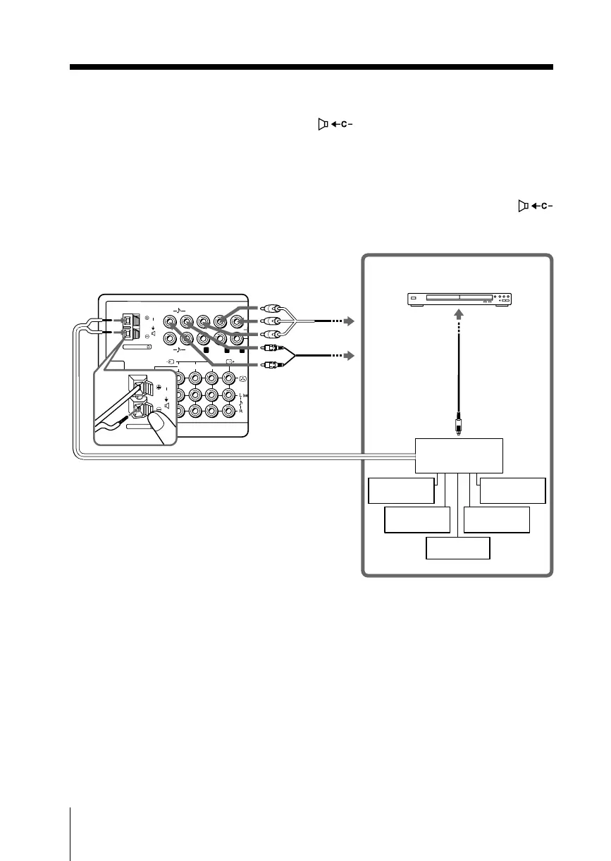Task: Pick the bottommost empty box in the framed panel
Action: pyautogui.click(x=457, y=548)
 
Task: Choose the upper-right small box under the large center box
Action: pyautogui.click(x=512, y=490)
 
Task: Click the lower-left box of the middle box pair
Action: pyautogui.click(x=416, y=520)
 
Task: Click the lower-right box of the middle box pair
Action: pyautogui.click(x=497, y=520)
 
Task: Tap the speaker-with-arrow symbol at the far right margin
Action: pyautogui.click(x=534, y=206)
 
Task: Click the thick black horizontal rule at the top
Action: pyautogui.click(x=311, y=68)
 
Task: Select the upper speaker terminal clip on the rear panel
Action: pyautogui.click(x=128, y=317)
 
